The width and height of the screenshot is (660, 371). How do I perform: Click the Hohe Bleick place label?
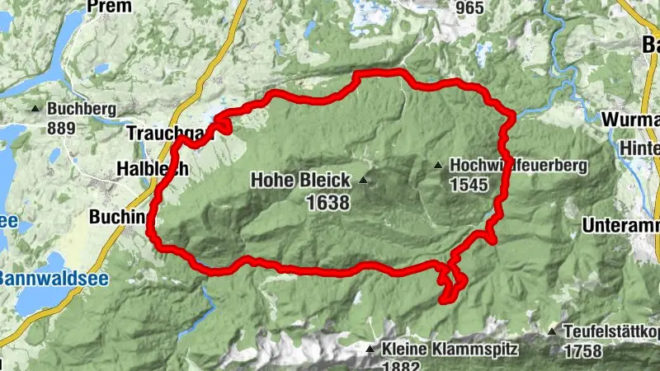(x=300, y=180)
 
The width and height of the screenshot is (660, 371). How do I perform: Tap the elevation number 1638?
(x=328, y=202)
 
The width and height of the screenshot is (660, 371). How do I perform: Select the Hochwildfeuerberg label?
(x=518, y=166)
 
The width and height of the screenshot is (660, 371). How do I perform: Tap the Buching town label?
(x=120, y=217)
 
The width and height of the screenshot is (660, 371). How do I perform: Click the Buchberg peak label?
(x=81, y=109)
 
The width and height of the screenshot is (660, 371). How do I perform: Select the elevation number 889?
(x=62, y=128)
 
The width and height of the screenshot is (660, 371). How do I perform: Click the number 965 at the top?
(x=468, y=7)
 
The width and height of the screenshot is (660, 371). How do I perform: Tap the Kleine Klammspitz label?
(x=450, y=349)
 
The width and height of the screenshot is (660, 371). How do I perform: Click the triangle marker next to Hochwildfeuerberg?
(x=439, y=166)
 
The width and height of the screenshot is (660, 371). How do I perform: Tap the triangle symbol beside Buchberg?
(x=35, y=109)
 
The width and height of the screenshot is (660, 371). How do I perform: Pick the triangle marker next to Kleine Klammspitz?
(x=370, y=350)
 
